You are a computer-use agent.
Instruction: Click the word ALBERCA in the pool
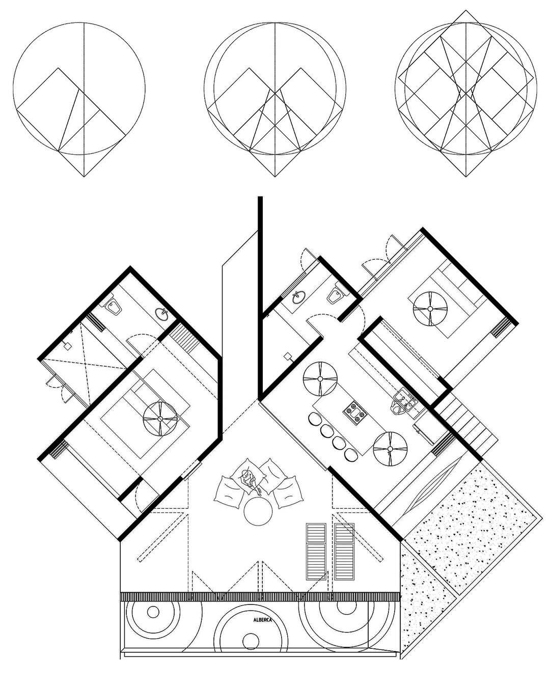262,620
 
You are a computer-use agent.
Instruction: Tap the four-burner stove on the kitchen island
354,413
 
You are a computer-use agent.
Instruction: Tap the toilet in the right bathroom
335,293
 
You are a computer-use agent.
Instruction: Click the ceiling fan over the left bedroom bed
159,418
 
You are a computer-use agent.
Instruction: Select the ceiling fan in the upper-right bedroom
430,309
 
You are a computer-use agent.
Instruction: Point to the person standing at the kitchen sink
397,407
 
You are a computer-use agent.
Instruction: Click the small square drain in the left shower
67,345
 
